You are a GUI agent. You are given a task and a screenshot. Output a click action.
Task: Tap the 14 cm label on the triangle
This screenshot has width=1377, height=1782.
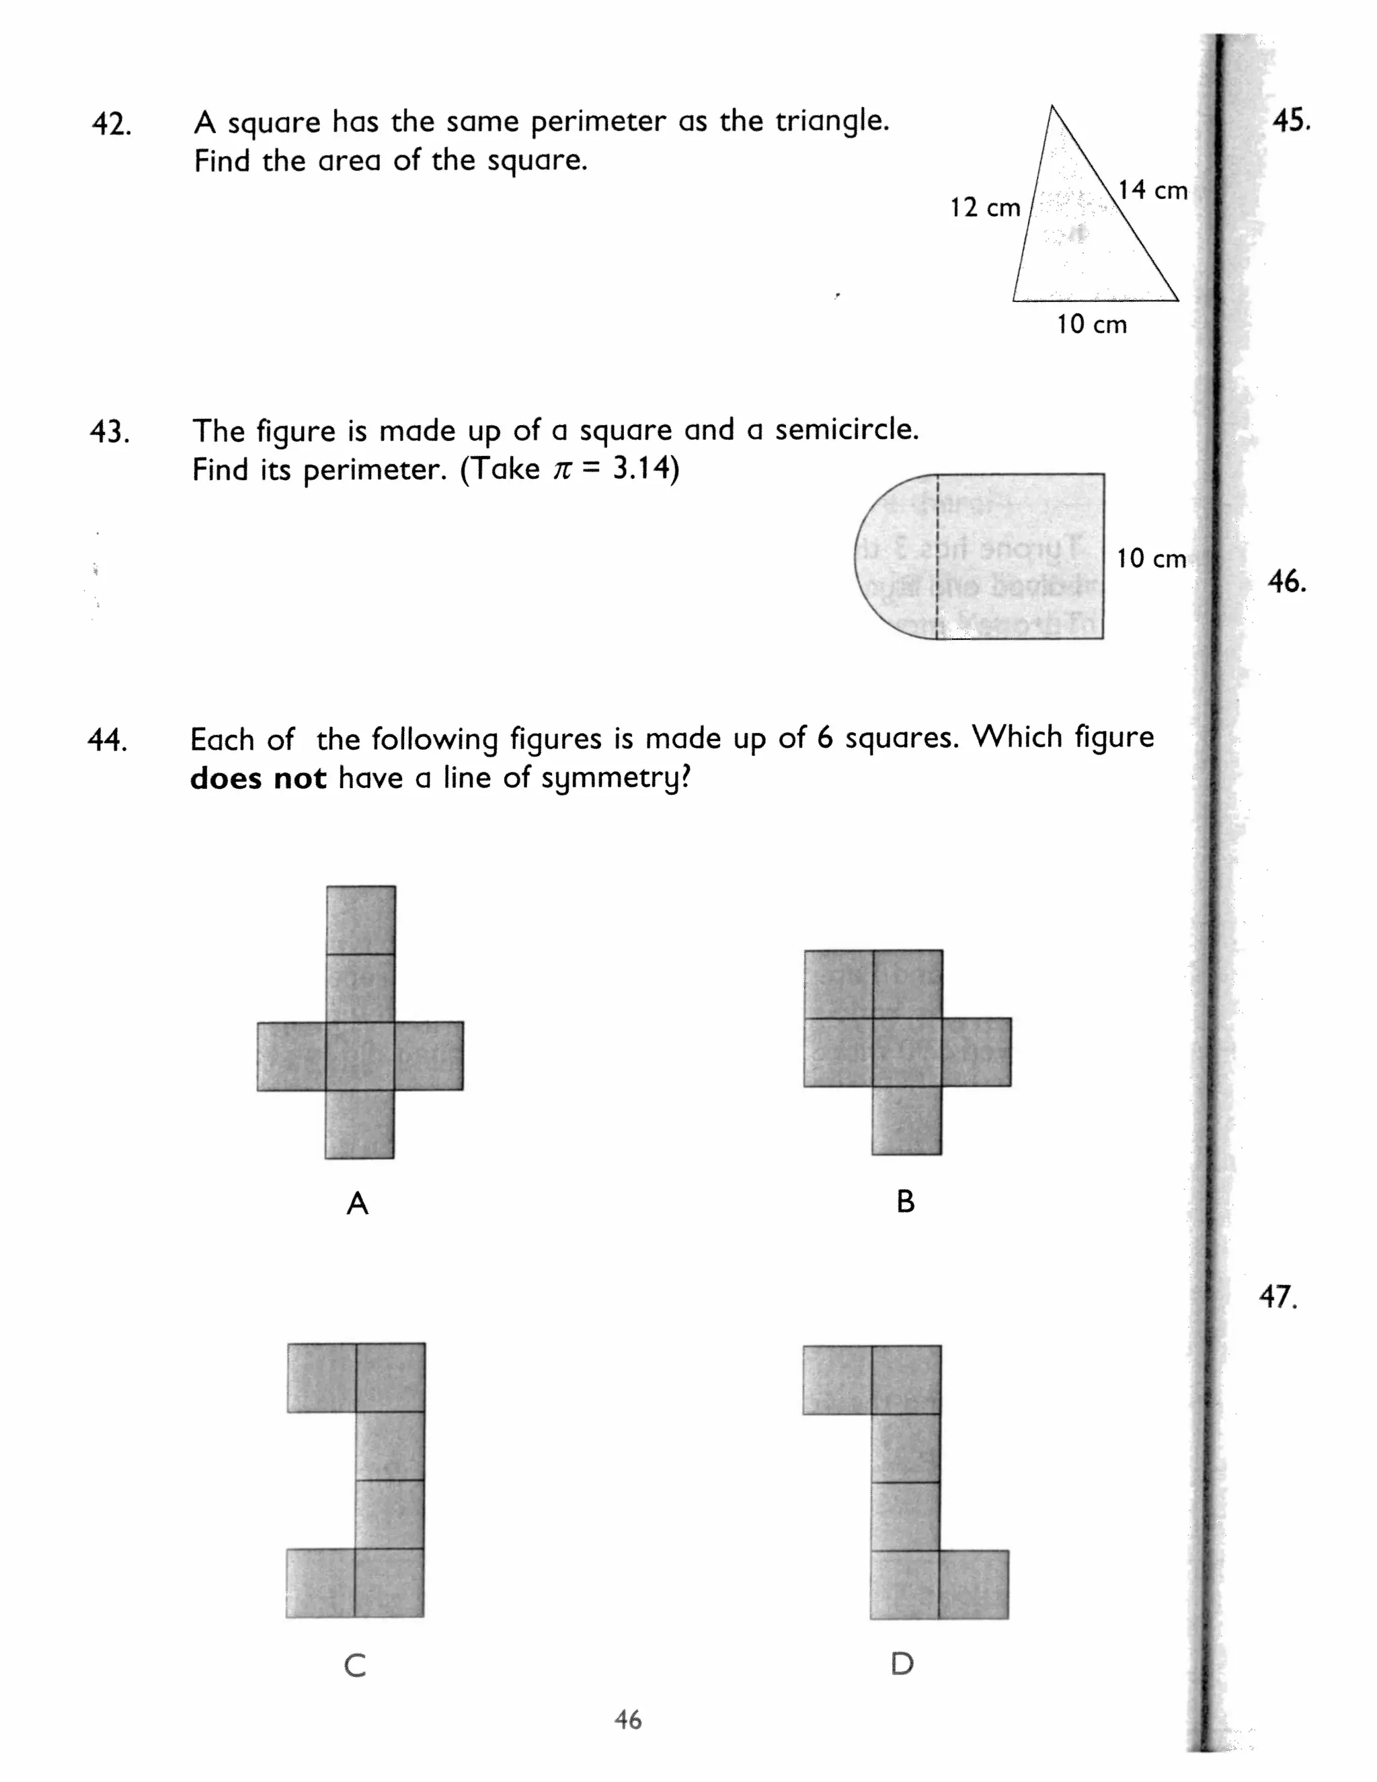[1152, 190]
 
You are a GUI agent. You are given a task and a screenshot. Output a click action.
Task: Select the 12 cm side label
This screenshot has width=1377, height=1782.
[984, 207]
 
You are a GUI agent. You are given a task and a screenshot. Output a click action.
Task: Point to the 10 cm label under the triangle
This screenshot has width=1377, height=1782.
[1091, 325]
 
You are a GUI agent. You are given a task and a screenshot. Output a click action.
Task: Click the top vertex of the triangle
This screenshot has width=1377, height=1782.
[1052, 107]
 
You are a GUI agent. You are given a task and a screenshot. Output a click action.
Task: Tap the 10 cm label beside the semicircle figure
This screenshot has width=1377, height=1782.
[1150, 559]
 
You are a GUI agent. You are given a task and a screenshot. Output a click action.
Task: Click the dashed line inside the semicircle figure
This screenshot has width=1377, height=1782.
[937, 555]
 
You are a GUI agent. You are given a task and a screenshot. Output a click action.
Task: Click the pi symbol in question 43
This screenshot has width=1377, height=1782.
[562, 470]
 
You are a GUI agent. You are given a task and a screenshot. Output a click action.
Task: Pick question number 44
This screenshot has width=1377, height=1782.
[107, 740]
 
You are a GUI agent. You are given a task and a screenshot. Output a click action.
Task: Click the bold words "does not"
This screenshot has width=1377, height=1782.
[258, 779]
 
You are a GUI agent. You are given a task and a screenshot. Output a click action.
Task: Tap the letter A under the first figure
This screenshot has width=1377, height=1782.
[357, 1204]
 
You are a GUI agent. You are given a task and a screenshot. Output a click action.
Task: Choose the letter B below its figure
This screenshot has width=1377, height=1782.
[906, 1202]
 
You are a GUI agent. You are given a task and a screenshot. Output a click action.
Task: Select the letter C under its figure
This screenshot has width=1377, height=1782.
[355, 1665]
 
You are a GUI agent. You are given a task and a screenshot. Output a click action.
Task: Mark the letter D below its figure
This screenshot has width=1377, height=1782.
[902, 1664]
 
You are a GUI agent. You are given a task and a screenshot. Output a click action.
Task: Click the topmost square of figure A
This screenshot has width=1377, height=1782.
[360, 919]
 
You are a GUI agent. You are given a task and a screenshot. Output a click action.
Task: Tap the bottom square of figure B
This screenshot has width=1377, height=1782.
[906, 1120]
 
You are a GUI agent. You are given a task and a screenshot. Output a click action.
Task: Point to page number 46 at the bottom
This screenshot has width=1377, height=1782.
[628, 1720]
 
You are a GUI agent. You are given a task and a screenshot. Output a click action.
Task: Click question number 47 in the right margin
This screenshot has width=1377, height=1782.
[1277, 1296]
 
